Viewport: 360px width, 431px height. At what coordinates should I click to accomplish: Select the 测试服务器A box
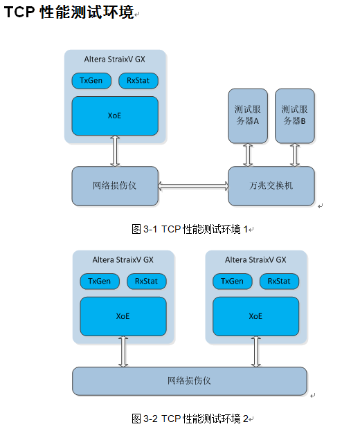(247, 116)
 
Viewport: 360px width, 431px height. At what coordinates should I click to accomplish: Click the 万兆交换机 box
(271, 186)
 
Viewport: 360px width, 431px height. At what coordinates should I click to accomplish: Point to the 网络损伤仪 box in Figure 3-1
(115, 186)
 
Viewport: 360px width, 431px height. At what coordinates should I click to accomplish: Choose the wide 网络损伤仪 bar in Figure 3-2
(190, 381)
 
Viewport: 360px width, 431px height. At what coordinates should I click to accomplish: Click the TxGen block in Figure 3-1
(91, 81)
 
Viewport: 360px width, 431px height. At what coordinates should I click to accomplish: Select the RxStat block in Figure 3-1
(138, 81)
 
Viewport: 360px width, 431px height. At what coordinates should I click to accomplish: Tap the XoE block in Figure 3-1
(115, 116)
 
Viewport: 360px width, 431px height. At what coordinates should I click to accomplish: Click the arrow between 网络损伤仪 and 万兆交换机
(193, 186)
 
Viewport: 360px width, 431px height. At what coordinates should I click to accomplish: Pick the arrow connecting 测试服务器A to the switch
(247, 155)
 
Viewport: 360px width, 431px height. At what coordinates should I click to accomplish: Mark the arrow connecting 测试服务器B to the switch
(295, 155)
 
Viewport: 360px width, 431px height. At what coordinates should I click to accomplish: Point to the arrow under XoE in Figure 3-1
(115, 151)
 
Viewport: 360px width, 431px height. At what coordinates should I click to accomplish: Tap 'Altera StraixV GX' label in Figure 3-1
(115, 59)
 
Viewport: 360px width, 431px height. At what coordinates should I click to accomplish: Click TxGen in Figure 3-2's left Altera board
(99, 282)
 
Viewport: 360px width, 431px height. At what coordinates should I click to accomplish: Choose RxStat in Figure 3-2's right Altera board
(279, 282)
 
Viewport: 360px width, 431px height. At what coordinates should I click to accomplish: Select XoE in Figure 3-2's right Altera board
(255, 316)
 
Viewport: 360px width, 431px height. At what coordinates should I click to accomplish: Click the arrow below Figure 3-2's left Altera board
(123, 352)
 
